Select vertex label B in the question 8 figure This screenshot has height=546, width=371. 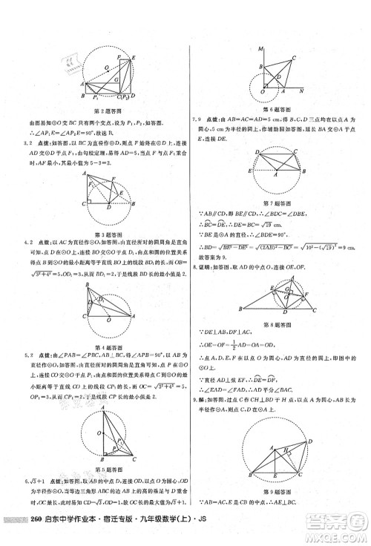(240, 309)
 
